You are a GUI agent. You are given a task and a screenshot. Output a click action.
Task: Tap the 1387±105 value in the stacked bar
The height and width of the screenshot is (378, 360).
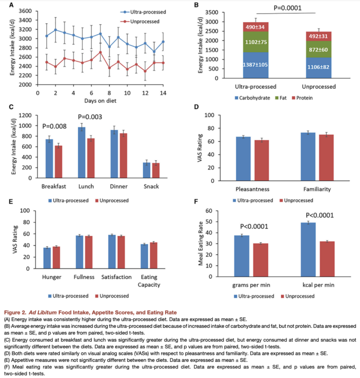pos(255,65)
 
